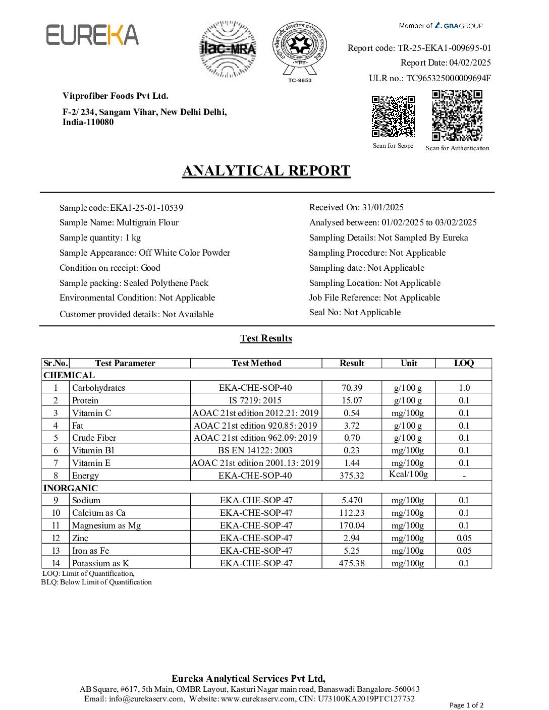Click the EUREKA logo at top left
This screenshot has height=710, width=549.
pos(92,35)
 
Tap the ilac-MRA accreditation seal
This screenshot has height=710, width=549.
pos(228,49)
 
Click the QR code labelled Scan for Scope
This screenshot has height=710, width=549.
pos(393,116)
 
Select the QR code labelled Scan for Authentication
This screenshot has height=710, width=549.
pos(457,115)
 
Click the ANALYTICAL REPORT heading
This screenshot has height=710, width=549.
pos(266,171)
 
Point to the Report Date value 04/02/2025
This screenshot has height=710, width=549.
pos(470,63)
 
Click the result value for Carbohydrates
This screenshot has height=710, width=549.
pos(352,388)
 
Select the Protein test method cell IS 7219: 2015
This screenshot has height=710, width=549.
pos(255,400)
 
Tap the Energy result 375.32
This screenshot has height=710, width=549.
pos(352,476)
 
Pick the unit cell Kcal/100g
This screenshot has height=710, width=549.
pos(408,474)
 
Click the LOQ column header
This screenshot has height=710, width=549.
pos(464,363)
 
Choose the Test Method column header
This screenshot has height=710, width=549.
pos(256,363)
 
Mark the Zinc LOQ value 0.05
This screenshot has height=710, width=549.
pos(464,538)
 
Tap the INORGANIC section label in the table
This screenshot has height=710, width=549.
pos(71,488)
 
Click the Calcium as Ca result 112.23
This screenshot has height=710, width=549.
pos(352,513)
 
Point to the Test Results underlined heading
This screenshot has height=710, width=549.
pos(266,338)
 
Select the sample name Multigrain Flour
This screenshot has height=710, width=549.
pos(147,222)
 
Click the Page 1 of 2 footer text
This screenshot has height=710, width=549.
pos(466,705)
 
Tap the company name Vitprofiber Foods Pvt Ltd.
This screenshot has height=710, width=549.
pos(116,96)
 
